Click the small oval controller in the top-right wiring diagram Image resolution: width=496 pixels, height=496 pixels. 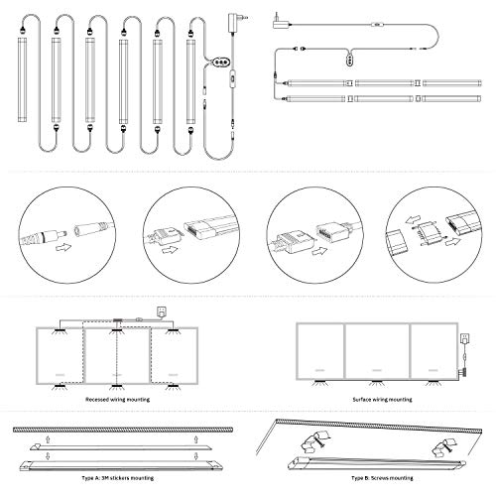349,62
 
